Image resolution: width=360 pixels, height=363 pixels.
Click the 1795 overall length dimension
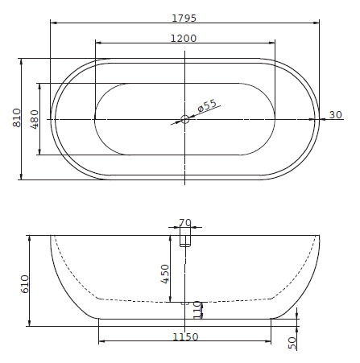[184, 18]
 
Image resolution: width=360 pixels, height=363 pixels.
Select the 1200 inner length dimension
[184, 39]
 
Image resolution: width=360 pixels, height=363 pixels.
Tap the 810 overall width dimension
[17, 118]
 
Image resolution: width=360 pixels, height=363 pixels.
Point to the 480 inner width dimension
[35, 119]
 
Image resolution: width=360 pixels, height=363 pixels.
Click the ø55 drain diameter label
[207, 105]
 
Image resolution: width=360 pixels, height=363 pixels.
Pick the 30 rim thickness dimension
[336, 115]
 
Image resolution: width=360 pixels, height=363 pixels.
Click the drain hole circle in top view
[184, 119]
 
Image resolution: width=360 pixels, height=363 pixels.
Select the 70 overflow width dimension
[185, 223]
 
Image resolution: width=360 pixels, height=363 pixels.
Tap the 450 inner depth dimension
[165, 274]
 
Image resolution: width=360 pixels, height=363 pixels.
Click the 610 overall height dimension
[25, 284]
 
